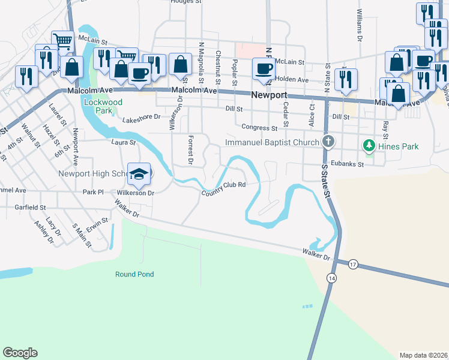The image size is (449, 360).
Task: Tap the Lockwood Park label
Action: click(x=103, y=107)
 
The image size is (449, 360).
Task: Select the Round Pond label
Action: click(x=134, y=274)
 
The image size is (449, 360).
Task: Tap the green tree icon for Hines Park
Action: click(x=369, y=146)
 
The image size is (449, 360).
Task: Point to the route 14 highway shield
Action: click(x=331, y=277)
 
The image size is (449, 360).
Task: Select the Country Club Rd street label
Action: click(x=224, y=188)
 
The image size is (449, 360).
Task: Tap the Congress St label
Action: click(x=259, y=127)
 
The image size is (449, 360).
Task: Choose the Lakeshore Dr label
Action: click(x=141, y=117)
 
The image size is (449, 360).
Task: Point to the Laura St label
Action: click(x=124, y=143)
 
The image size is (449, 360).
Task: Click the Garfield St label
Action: click(x=32, y=207)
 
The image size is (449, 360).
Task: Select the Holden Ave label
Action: click(x=292, y=79)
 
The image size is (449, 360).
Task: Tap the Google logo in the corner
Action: click(x=20, y=353)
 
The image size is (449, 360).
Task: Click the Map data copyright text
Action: click(x=424, y=355)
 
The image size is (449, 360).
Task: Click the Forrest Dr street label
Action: click(x=189, y=149)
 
